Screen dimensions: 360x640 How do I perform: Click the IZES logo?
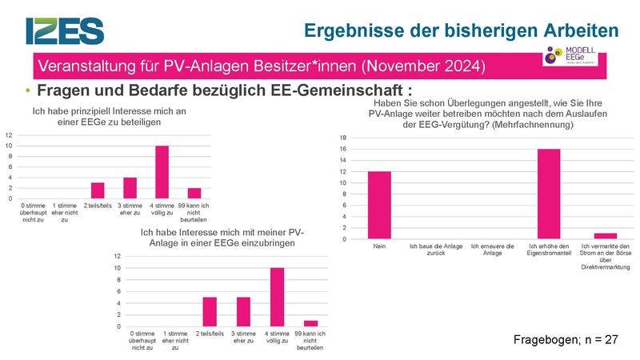click(65, 30)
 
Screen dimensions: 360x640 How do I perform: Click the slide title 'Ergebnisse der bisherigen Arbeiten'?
click(462, 30)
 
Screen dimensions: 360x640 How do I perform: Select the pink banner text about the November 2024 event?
click(260, 64)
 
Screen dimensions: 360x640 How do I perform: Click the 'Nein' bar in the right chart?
click(378, 206)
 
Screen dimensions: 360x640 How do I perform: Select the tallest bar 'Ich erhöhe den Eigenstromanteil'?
click(549, 194)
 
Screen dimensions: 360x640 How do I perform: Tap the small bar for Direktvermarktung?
click(606, 236)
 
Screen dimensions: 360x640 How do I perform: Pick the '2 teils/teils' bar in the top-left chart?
click(97, 190)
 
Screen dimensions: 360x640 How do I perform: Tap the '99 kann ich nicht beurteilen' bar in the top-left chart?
click(194, 193)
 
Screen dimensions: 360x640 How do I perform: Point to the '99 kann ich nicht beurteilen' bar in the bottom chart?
click(310, 323)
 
